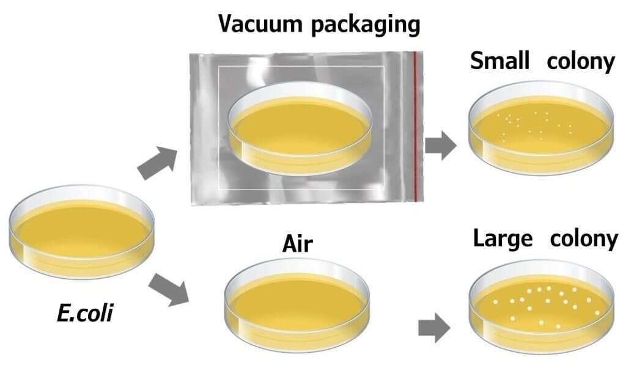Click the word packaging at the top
point(366,25)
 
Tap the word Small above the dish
point(499,61)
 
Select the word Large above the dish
point(503,240)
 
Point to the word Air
point(298,244)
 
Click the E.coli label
point(84,313)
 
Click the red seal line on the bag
point(415,126)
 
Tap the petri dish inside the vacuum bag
point(300,128)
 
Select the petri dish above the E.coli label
point(82,232)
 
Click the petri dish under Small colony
point(542,128)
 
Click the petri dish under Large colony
point(542,306)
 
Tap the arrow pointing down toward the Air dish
point(169,289)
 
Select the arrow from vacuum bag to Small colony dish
point(440,145)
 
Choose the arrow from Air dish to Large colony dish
point(434,328)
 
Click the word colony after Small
point(581,63)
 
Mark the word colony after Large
point(584,240)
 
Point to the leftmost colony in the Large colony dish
point(495,302)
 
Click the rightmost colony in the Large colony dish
point(597,312)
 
